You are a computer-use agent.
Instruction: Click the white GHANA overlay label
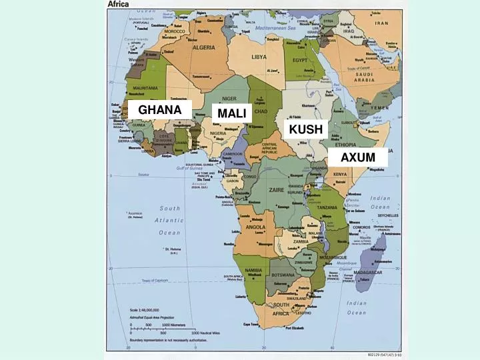pyautogui.click(x=160, y=109)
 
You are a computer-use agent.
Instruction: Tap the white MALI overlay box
pyautogui.click(x=232, y=113)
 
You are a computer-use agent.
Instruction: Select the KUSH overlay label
pyautogui.click(x=306, y=129)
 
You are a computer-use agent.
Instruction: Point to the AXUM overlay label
pyautogui.click(x=358, y=158)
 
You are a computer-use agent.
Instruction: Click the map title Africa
pyautogui.click(x=119, y=4)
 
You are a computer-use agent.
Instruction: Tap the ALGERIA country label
pyautogui.click(x=203, y=48)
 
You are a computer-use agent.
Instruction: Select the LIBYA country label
pyautogui.click(x=259, y=57)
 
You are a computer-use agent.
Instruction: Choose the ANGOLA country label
pyautogui.click(x=255, y=227)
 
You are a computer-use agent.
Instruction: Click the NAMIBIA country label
pyautogui.click(x=253, y=270)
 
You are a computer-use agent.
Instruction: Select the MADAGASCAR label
pyautogui.click(x=369, y=273)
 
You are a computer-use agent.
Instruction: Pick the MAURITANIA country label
pyautogui.click(x=145, y=88)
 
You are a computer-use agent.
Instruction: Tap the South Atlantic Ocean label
pyautogui.click(x=169, y=220)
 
